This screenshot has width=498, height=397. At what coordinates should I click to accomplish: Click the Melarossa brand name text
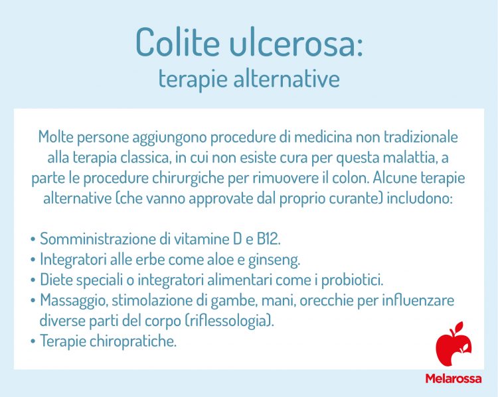pos(454,378)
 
